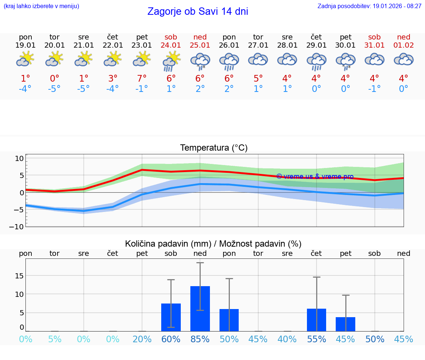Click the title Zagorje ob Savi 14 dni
tap(197, 11)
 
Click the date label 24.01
tap(171, 45)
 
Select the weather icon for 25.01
tap(200, 61)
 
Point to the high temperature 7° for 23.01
tap(142, 79)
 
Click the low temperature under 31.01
tap(374, 89)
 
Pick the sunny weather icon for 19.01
tap(25, 59)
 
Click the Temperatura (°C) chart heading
tap(214, 148)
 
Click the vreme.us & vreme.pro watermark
tap(315, 176)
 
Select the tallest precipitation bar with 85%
tap(200, 309)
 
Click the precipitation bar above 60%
tap(171, 318)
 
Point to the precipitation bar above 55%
tap(317, 320)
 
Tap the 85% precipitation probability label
tap(200, 339)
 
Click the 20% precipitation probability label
tap(142, 339)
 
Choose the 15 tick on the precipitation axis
tap(20, 276)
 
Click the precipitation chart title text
tap(213, 244)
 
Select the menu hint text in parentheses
tap(41, 6)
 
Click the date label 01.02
tap(404, 45)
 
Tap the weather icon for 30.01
tap(345, 61)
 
